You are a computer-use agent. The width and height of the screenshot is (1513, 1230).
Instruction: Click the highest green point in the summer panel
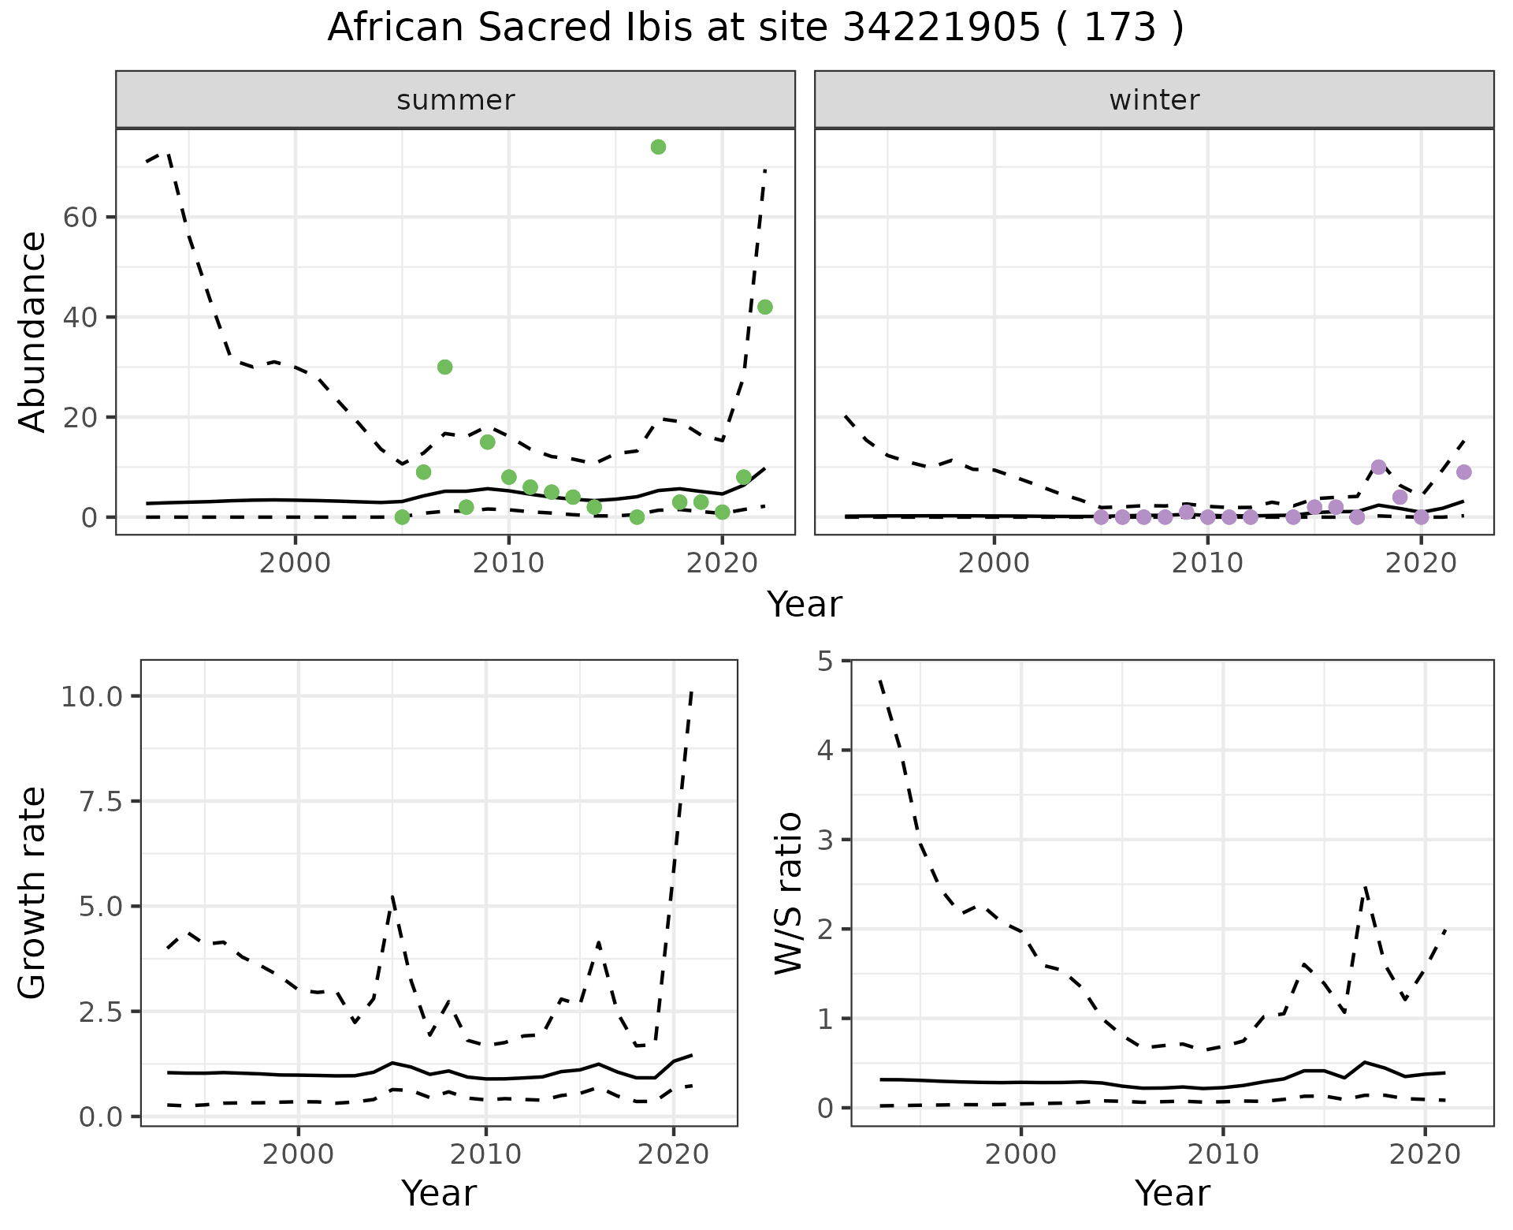pyautogui.click(x=658, y=147)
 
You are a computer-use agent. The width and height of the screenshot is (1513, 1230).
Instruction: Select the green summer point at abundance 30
pyautogui.click(x=444, y=367)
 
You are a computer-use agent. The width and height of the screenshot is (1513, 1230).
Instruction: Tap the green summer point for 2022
pyautogui.click(x=764, y=307)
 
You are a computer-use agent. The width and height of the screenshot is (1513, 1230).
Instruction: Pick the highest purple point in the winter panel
pyautogui.click(x=1378, y=467)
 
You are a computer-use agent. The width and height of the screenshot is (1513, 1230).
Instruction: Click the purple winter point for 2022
pyautogui.click(x=1463, y=471)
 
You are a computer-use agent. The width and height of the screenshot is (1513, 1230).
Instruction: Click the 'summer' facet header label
pyautogui.click(x=455, y=100)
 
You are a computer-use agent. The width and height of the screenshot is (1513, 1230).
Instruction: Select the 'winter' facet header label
pyautogui.click(x=1154, y=100)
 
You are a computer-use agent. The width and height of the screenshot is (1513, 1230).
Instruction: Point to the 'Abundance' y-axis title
pyautogui.click(x=33, y=331)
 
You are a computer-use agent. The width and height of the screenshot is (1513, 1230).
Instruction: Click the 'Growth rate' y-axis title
pyautogui.click(x=33, y=893)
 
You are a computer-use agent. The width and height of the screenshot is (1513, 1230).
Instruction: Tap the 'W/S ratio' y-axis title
pyautogui.click(x=788, y=893)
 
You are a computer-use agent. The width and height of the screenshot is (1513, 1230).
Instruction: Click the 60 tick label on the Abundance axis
pyautogui.click(x=80, y=218)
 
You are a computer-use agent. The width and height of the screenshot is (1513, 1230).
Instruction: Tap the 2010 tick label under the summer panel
pyautogui.click(x=508, y=565)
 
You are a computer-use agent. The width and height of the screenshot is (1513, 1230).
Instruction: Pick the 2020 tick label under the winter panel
pyautogui.click(x=1420, y=565)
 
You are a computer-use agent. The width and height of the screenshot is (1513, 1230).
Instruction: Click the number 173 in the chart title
pyautogui.click(x=1119, y=28)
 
